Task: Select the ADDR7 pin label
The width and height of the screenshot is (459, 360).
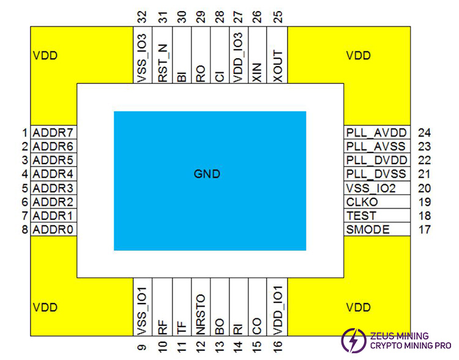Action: [x=53, y=132]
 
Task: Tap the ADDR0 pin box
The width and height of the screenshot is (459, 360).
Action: [x=53, y=230]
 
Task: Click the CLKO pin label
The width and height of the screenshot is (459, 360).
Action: [x=362, y=202]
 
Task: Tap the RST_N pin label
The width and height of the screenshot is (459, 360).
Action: [x=163, y=61]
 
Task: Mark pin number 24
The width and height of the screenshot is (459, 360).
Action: [x=425, y=132]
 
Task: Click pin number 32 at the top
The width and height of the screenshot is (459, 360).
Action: [x=143, y=16]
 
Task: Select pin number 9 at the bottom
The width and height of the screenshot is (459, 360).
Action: [x=143, y=347]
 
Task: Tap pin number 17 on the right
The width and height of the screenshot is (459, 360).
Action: [x=425, y=230]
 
